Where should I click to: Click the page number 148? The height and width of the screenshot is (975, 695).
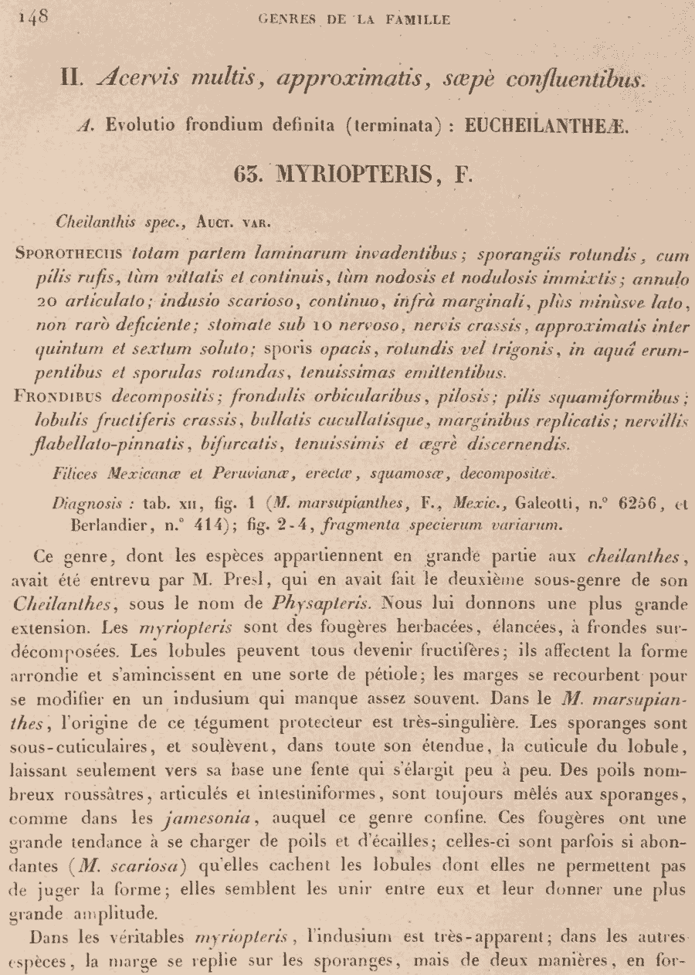(x=32, y=18)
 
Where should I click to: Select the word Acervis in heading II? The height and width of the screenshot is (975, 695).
(x=137, y=79)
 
